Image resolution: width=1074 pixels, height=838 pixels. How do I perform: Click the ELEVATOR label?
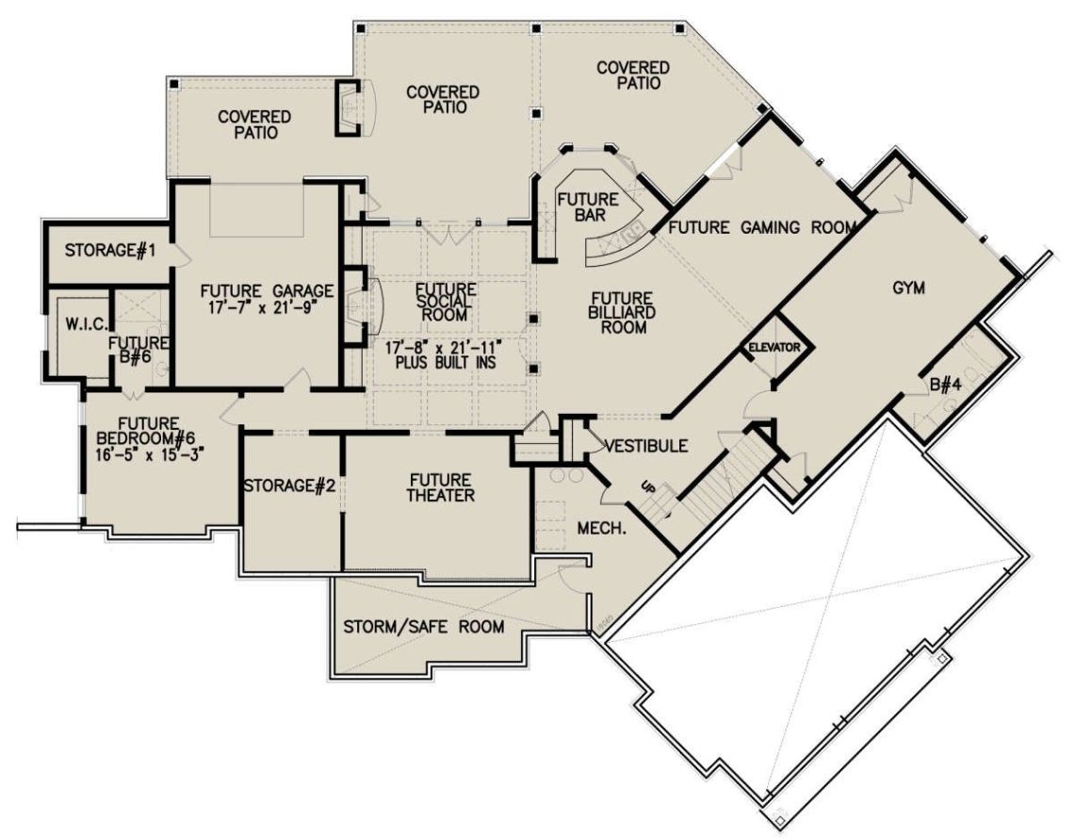(x=774, y=348)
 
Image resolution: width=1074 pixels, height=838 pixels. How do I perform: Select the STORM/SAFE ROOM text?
(x=423, y=626)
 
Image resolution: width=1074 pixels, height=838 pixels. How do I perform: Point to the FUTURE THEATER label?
(x=434, y=487)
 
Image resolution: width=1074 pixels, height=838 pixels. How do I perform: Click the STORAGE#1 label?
(x=109, y=251)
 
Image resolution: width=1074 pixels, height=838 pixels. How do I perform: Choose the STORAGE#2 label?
(x=290, y=485)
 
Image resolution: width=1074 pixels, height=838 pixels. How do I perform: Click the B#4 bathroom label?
(x=946, y=384)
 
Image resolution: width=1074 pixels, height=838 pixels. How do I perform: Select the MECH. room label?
(x=603, y=530)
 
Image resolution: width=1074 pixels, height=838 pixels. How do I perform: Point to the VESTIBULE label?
(x=645, y=446)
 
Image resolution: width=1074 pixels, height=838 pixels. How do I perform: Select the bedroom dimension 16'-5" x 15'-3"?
(x=151, y=453)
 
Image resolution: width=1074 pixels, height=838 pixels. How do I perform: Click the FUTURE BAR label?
(x=587, y=207)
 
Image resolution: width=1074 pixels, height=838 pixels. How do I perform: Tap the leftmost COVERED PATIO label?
(x=253, y=124)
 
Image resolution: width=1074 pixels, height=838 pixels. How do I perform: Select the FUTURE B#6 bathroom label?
(x=137, y=350)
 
